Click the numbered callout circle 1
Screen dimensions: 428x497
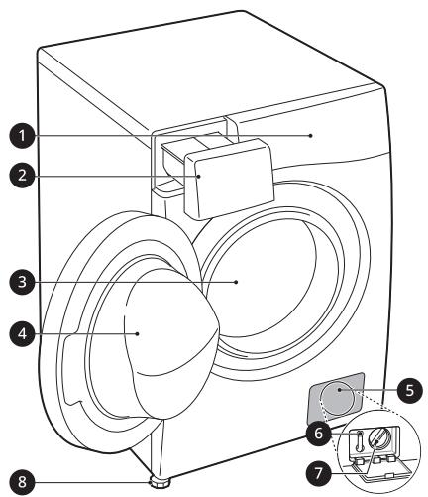(x=22, y=135)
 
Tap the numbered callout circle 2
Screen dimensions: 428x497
(x=22, y=175)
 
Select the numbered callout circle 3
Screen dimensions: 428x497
(x=22, y=282)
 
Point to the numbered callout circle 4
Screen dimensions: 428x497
(x=22, y=333)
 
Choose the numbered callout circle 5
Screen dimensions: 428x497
(x=409, y=391)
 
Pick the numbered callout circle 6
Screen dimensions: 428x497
(x=318, y=433)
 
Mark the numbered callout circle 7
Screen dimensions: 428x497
(x=318, y=473)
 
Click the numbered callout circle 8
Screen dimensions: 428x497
(x=22, y=482)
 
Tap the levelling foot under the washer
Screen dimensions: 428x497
(x=160, y=481)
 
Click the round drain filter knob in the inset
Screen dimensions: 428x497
(x=379, y=439)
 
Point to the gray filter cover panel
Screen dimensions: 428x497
(x=335, y=398)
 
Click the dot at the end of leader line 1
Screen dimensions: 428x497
(x=310, y=135)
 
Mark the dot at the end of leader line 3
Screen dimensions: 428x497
(x=236, y=282)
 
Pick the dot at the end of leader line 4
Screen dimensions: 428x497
(x=138, y=333)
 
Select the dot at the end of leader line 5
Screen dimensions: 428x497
(x=340, y=390)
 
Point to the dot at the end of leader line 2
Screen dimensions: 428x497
(x=198, y=176)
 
